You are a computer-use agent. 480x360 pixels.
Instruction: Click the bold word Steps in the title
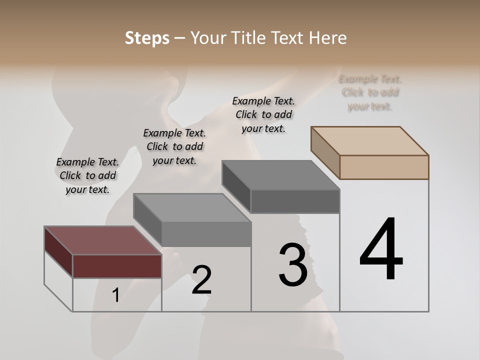coord(147,38)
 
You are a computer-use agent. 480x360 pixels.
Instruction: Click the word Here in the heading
coord(327,38)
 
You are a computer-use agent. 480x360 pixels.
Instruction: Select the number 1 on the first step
coord(116,295)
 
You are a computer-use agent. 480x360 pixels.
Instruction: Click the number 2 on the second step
coord(201,280)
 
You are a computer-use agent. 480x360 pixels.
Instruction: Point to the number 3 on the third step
coord(293,265)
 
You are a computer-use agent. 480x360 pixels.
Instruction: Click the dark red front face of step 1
coord(117,266)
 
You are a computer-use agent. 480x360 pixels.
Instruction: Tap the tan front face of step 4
coord(384,167)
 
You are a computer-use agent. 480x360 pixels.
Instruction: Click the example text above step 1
coord(87,175)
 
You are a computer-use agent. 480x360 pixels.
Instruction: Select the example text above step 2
coord(174,146)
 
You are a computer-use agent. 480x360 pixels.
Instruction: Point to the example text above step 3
coord(263,114)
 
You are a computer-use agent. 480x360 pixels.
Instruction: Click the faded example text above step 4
coord(370,92)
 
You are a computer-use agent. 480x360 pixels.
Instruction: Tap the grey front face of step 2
coord(206,234)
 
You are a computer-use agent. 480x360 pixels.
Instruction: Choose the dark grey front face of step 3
coord(295,201)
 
